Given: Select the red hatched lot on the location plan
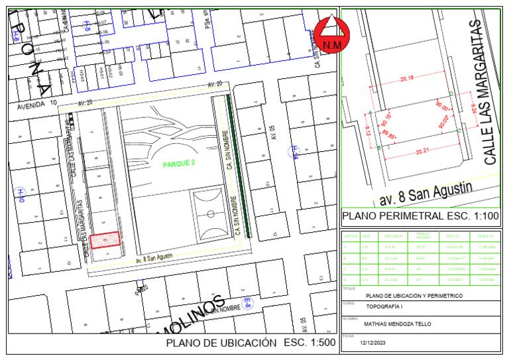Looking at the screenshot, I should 105,239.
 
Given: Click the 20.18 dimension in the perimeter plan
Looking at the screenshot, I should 407,78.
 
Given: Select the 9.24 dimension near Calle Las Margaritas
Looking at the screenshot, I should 474,107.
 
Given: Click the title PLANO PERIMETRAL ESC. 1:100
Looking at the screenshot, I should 420,217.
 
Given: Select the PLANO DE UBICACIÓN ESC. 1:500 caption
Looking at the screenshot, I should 251,343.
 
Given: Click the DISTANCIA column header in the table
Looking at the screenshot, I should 393,235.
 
